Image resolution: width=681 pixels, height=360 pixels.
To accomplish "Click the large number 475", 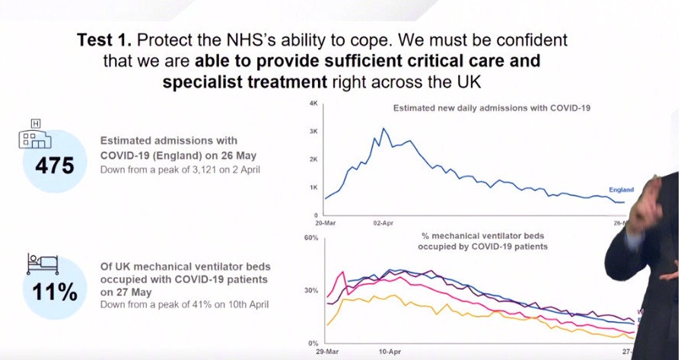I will pos(54,164).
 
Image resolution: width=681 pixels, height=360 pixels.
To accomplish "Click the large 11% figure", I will pos(54,291).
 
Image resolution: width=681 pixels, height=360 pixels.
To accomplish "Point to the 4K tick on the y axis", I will pos(313,103).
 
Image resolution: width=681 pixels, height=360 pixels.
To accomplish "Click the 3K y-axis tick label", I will pos(313,131).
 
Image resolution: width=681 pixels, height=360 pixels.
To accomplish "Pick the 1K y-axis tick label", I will pos(313,187).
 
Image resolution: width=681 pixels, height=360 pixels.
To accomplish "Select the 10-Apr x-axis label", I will pos(390,353).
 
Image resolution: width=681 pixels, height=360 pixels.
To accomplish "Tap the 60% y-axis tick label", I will pos(311,237).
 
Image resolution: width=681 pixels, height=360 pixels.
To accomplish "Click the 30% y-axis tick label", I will pos(311,290).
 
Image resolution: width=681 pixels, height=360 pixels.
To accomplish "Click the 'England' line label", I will pos(621,190).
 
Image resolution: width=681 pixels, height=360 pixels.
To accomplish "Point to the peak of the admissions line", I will pos(383,129).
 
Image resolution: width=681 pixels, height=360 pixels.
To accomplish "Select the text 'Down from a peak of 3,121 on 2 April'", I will pos(180,169).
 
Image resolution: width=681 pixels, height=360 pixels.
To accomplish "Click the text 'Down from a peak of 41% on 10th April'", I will pos(185,304).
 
